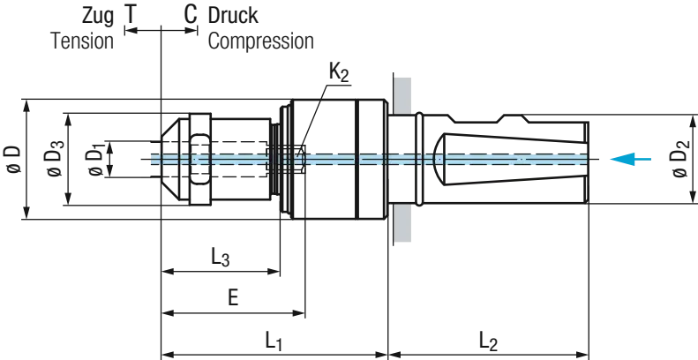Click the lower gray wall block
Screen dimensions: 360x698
click(x=404, y=226)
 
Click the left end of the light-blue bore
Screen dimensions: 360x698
click(x=150, y=160)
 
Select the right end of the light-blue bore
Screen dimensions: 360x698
click(x=586, y=160)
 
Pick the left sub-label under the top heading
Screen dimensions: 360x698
click(x=80, y=41)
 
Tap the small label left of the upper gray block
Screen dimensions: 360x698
click(x=339, y=71)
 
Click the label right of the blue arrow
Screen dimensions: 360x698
click(x=683, y=160)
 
